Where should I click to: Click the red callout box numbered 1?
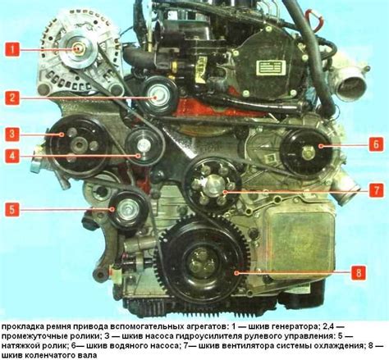tap(12, 49)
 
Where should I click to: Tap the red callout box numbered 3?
tap(12, 134)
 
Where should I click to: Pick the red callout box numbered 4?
tap(12, 155)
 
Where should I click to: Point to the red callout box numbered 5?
tap(12, 209)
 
